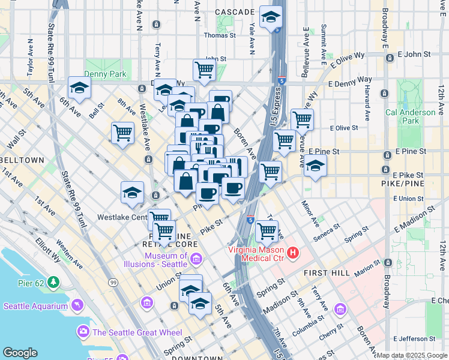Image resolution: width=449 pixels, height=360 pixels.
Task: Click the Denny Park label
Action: (x=104, y=74)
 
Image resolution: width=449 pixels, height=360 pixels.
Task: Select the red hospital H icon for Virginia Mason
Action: (x=293, y=253)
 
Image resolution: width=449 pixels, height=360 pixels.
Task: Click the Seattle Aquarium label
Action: (x=36, y=306)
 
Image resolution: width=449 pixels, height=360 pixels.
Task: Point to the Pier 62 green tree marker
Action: (x=54, y=281)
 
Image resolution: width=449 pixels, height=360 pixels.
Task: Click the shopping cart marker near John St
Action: (x=205, y=70)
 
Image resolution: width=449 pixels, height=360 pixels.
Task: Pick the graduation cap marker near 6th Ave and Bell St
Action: (x=79, y=88)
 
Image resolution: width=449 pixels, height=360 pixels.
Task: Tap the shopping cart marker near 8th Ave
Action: (x=123, y=133)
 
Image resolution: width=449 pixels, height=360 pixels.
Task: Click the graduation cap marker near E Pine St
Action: (x=315, y=166)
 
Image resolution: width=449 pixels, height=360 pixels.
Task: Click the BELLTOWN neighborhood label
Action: (x=23, y=160)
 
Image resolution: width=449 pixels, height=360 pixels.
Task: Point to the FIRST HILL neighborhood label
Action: (x=324, y=272)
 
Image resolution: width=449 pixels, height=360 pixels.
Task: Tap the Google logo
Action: (x=20, y=352)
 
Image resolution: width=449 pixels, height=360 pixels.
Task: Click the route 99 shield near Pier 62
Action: (x=113, y=281)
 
